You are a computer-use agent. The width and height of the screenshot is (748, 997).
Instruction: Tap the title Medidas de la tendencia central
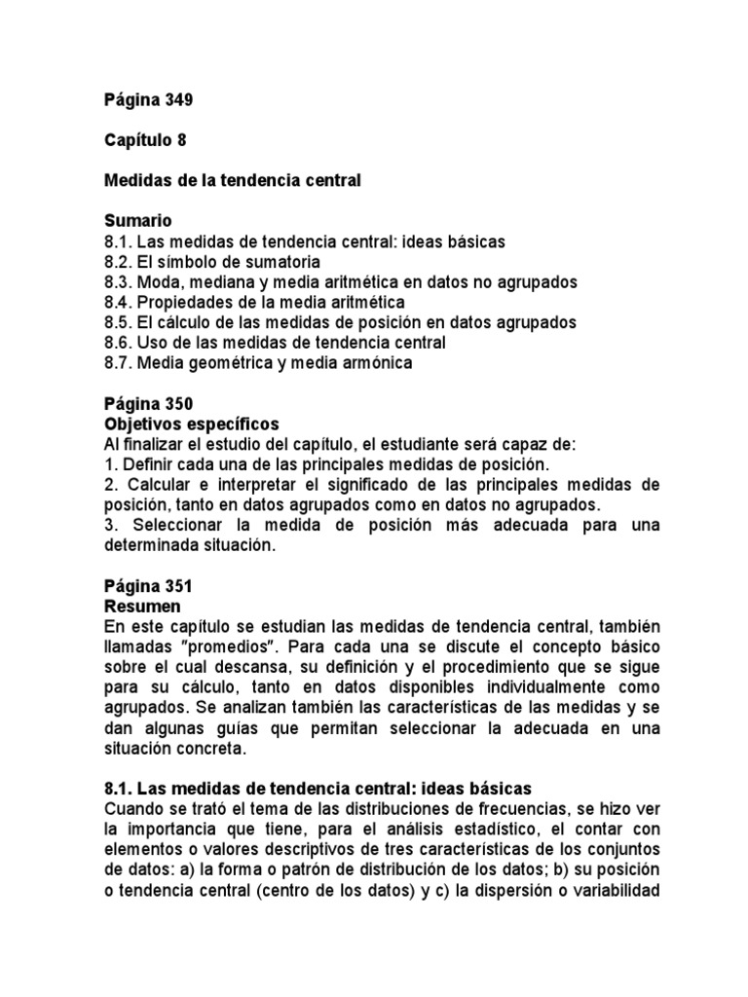pyautogui.click(x=233, y=180)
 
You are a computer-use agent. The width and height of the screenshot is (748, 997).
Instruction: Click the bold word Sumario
pyautogui.click(x=137, y=221)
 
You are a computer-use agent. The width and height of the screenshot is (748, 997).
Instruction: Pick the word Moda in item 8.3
pyautogui.click(x=156, y=281)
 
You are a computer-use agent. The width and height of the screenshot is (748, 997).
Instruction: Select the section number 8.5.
pyautogui.click(x=118, y=322)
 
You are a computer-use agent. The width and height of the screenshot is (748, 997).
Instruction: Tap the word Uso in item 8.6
pyautogui.click(x=151, y=343)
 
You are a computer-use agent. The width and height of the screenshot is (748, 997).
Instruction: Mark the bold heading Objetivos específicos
pyautogui.click(x=191, y=425)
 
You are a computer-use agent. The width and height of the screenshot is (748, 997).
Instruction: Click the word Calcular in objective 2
pyautogui.click(x=154, y=485)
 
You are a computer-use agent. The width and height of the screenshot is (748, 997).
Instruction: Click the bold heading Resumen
pyautogui.click(x=141, y=608)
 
